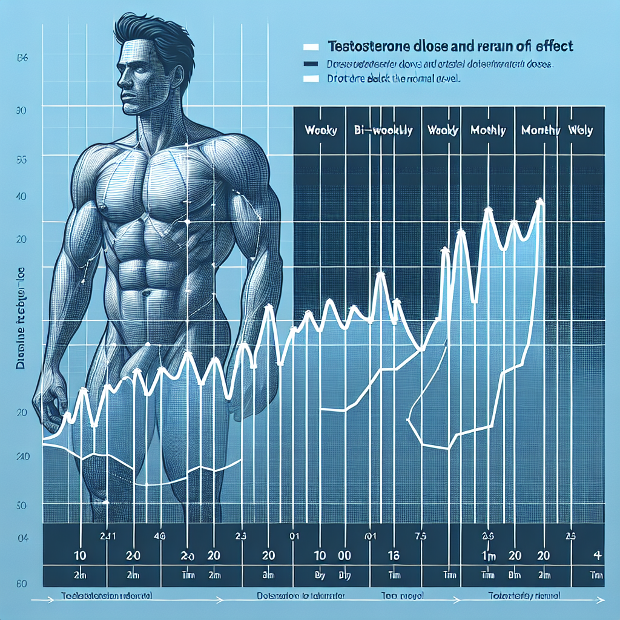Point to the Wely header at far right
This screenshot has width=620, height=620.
point(580,130)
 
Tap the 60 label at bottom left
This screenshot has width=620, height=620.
point(20,584)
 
